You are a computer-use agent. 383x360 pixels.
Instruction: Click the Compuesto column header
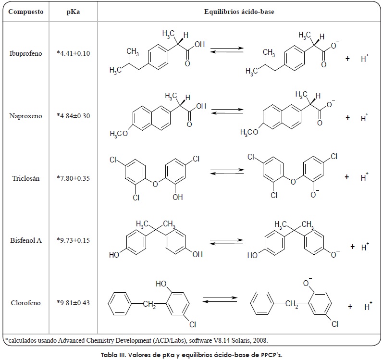pos(25,12)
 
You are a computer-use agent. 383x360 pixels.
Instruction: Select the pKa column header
pos(73,12)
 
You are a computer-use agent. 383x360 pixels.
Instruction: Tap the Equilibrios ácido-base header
pos(239,12)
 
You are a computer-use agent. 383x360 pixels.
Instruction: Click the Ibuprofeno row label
pos(25,53)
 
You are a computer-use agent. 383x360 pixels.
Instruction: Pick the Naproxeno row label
pos(25,116)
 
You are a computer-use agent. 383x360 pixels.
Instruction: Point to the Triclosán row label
pos(25,178)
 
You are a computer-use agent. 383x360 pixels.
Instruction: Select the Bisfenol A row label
pos(25,240)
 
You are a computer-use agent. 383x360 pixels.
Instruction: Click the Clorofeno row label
pos(25,303)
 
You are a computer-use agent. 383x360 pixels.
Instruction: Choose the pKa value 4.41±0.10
pos(73,53)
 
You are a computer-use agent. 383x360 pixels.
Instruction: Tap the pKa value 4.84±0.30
pos(73,116)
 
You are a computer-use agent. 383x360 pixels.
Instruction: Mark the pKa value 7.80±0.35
pos(73,178)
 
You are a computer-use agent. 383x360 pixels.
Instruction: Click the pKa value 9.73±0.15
pos(73,240)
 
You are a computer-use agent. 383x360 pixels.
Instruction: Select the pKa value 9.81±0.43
pos(73,303)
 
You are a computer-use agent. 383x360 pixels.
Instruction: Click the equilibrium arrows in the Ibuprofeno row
pos(227,50)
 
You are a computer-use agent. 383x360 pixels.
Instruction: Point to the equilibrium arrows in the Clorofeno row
pos(220,299)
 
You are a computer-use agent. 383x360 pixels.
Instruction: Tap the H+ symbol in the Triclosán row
pos(364,176)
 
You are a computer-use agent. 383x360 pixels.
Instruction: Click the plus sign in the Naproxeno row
pos(347,118)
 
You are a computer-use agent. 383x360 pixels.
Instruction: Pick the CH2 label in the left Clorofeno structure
pos(149,304)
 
